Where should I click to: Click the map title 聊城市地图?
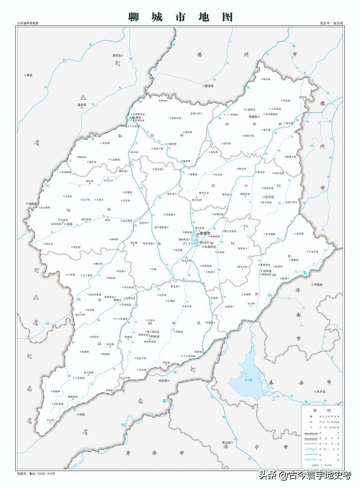point(180,16)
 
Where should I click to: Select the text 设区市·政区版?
point(331,23)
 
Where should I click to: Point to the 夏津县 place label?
point(208,86)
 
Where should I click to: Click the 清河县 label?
point(118,56)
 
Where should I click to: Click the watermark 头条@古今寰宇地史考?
point(304,475)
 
